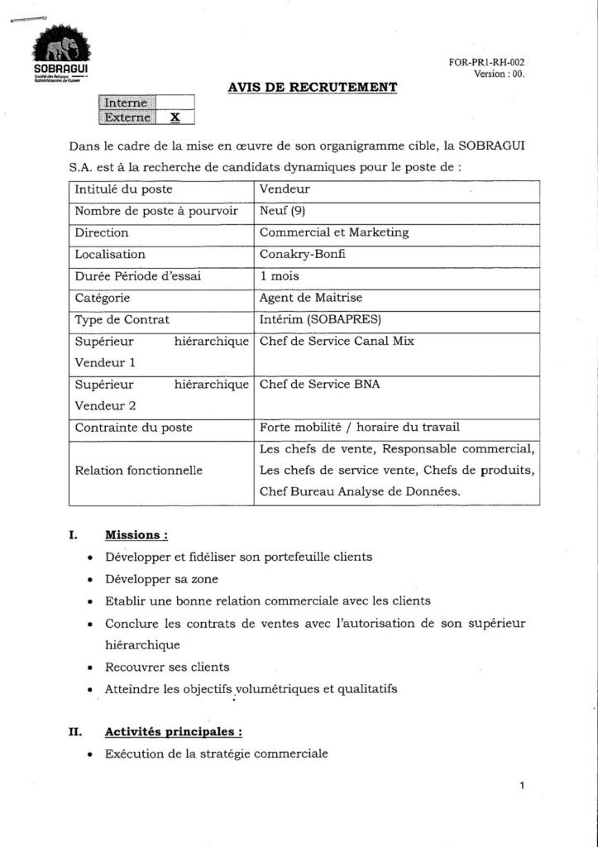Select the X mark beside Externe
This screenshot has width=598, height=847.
coord(175,117)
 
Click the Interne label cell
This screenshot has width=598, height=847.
coord(127,103)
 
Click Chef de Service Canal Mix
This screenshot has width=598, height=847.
coord(337,340)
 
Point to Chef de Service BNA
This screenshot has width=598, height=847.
coord(320,384)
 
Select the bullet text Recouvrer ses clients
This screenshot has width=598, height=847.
coord(167,666)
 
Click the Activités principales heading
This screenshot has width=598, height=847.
coord(174,732)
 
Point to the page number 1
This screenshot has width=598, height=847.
coord(523,787)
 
